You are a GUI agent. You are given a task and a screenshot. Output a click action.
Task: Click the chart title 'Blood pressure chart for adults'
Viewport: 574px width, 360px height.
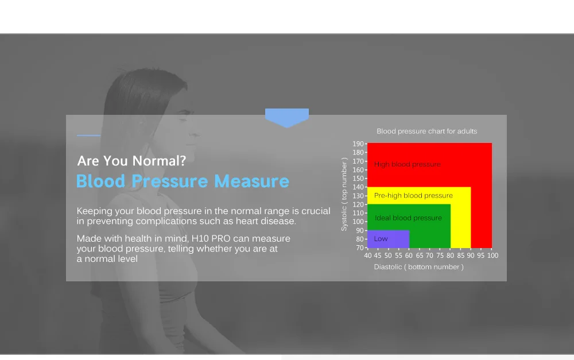pyautogui.click(x=427, y=131)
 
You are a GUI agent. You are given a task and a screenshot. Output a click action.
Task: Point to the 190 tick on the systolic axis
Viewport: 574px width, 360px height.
pyautogui.click(x=358, y=144)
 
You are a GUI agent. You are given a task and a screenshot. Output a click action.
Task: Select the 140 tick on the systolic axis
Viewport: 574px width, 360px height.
pyautogui.click(x=358, y=187)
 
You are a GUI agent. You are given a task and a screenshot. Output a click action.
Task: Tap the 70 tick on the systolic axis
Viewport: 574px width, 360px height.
pyautogui.click(x=360, y=248)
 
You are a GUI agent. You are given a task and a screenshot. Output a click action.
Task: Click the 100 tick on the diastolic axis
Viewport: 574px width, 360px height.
pyautogui.click(x=492, y=256)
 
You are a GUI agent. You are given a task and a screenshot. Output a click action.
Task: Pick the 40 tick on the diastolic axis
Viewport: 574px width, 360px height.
pyautogui.click(x=368, y=256)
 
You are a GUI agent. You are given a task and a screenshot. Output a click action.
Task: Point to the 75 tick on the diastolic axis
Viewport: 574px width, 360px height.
pyautogui.click(x=440, y=256)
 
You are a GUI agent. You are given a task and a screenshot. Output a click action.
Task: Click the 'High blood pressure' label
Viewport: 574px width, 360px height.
pyautogui.click(x=407, y=164)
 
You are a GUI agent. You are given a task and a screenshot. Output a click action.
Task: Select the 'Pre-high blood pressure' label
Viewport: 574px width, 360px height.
pyautogui.click(x=413, y=196)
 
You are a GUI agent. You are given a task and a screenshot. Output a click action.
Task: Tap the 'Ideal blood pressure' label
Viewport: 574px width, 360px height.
pyautogui.click(x=408, y=218)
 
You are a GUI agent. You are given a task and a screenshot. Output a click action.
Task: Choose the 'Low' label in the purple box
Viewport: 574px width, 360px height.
pyautogui.click(x=381, y=239)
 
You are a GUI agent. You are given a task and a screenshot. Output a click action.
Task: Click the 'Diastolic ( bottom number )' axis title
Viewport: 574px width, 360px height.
pyautogui.click(x=418, y=267)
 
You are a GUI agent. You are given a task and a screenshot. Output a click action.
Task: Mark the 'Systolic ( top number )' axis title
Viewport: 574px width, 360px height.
pyautogui.click(x=344, y=195)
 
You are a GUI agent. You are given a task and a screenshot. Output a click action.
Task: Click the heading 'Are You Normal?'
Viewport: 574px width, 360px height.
pyautogui.click(x=131, y=161)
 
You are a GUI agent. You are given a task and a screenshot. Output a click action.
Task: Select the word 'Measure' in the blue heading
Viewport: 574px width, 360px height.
pyautogui.click(x=251, y=181)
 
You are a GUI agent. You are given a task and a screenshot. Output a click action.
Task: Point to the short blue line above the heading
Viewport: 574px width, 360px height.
pyautogui.click(x=88, y=136)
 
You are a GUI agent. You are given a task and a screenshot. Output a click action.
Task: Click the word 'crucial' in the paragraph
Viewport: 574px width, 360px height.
pyautogui.click(x=316, y=211)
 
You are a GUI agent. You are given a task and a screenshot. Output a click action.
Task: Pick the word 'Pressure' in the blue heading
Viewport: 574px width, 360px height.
pyautogui.click(x=170, y=181)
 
